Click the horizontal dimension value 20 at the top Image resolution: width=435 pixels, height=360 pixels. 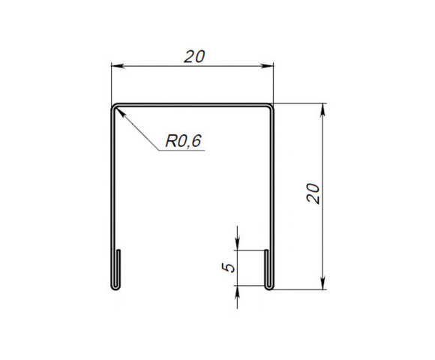(x=193, y=55)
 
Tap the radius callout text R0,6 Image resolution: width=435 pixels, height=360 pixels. (x=184, y=140)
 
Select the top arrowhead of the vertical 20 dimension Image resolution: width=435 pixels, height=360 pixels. (x=323, y=109)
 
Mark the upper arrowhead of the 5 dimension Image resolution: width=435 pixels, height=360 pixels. (x=237, y=244)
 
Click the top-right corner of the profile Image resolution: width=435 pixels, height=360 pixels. (x=271, y=106)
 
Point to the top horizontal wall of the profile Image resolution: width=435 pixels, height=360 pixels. (x=193, y=106)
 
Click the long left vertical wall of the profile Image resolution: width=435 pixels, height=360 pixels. (x=112, y=187)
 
